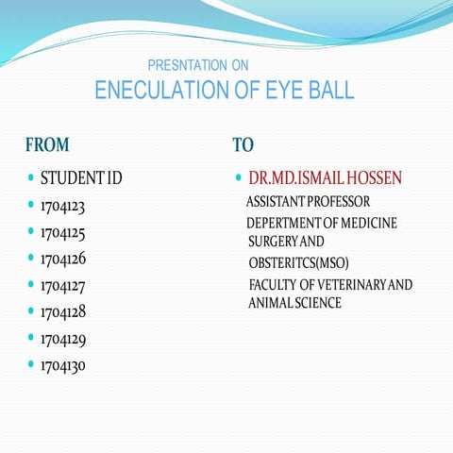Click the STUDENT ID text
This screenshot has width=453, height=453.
click(x=81, y=177)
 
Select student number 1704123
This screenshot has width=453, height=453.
click(x=63, y=205)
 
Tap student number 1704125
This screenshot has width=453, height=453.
click(x=63, y=231)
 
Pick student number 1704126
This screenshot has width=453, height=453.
click(x=63, y=258)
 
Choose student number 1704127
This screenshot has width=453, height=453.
click(x=63, y=284)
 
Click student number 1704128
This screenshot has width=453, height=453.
click(x=63, y=310)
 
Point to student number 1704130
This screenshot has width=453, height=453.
click(x=63, y=364)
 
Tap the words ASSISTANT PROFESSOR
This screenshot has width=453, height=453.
click(x=308, y=202)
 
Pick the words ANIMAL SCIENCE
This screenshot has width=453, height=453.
click(x=294, y=303)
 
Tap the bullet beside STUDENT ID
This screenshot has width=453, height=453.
click(x=30, y=177)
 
